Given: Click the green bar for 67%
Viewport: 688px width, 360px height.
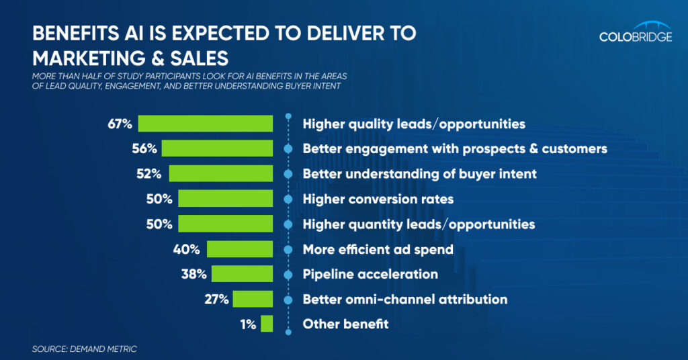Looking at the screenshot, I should click(205, 124).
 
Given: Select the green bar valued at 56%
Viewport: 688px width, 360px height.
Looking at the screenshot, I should click(217, 148).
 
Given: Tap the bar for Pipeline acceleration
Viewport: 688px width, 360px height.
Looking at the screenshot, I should click(242, 273).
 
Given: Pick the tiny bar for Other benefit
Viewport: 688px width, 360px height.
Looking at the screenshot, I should click(267, 324).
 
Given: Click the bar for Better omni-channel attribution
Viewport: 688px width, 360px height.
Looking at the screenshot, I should click(253, 299).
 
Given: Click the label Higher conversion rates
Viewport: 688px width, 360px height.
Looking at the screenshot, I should click(378, 199).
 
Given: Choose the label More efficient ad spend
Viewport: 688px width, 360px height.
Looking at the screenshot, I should click(378, 249).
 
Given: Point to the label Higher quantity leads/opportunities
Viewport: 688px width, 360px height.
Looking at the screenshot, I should click(419, 224).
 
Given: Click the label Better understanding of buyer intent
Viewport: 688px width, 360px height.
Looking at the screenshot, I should click(419, 174).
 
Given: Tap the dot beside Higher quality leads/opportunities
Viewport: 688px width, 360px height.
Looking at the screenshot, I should click(288, 124).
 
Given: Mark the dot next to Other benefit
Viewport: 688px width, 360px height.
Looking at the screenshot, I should click(288, 324).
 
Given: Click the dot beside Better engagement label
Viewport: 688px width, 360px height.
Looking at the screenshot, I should click(288, 148).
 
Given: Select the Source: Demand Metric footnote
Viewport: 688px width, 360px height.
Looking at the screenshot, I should click(84, 349).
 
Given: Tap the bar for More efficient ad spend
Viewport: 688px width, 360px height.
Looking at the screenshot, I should click(240, 249).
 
